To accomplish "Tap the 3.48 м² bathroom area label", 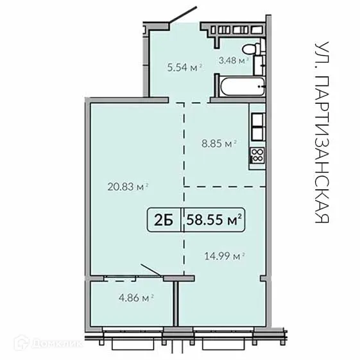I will [x=233, y=62].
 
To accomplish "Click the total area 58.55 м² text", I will [x=214, y=220].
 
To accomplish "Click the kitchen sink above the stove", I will [x=257, y=128].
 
